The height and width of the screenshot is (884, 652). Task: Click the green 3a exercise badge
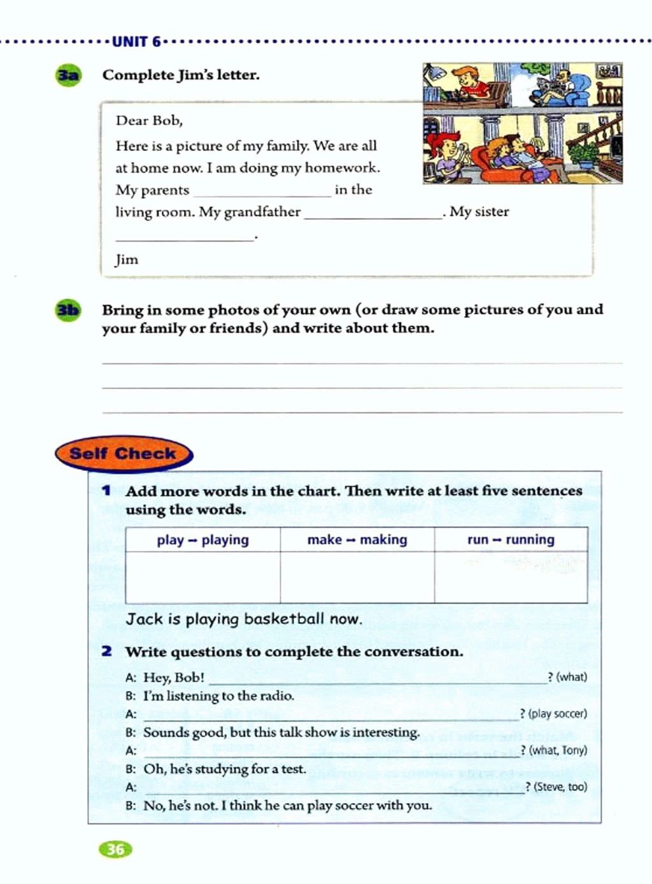pos(68,75)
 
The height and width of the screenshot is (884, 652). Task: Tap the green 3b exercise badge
pos(68,310)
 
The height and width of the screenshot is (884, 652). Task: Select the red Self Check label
pos(123,454)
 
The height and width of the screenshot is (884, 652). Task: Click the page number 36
pos(116,849)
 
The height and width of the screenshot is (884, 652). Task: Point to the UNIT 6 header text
pos(136,42)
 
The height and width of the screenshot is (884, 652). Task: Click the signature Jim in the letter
pos(127,259)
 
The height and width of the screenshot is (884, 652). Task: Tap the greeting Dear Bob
pos(149,120)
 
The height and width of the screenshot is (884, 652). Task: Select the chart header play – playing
pos(202,540)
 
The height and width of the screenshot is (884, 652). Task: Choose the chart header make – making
pos(357,540)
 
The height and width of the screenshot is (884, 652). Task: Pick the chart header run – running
pos(511,540)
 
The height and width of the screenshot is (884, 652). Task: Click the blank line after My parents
pos(262,191)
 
